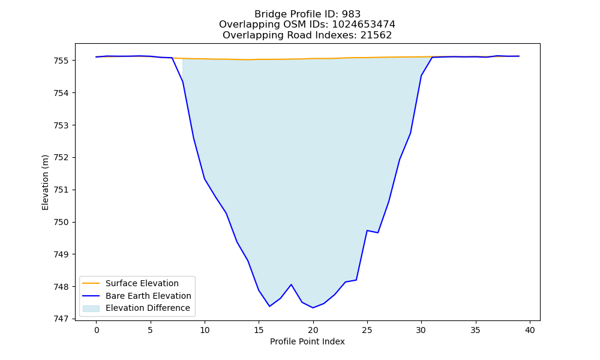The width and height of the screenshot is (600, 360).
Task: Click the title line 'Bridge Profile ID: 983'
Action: click(x=307, y=14)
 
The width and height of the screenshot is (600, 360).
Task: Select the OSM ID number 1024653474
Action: click(x=364, y=25)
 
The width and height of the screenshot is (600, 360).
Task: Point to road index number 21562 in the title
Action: click(x=376, y=35)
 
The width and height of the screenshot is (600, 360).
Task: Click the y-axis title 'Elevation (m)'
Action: click(x=45, y=182)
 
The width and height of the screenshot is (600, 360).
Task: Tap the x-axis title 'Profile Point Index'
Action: click(x=307, y=341)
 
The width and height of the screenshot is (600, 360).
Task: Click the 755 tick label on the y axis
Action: click(x=61, y=61)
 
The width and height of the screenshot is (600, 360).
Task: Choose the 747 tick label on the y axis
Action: click(x=61, y=319)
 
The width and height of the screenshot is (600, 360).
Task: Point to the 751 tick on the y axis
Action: click(x=61, y=190)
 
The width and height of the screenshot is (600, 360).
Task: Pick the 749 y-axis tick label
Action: click(x=61, y=254)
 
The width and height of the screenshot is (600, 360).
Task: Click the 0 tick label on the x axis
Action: click(x=97, y=330)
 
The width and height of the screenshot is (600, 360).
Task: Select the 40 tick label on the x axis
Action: click(x=530, y=330)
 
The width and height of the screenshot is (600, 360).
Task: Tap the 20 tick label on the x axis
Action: click(x=313, y=330)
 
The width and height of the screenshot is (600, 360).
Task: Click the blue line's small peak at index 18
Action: click(x=291, y=284)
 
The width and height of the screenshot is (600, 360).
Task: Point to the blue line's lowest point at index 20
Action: click(x=313, y=308)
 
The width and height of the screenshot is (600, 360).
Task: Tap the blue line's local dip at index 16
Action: click(x=269, y=306)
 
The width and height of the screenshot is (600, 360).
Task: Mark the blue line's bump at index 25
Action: click(x=367, y=230)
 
